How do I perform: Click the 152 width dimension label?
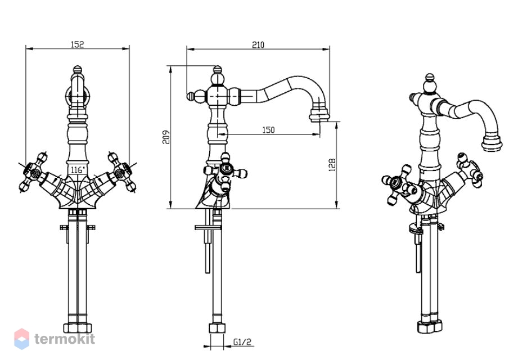(x=77, y=44)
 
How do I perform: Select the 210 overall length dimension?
(x=258, y=44)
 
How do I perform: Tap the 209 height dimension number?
(x=166, y=137)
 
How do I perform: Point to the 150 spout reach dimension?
(x=268, y=130)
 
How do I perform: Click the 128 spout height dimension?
(x=332, y=165)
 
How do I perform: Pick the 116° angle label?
(x=78, y=170)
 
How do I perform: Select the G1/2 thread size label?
(x=242, y=342)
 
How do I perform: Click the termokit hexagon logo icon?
(x=21, y=339)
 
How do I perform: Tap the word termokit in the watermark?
(x=65, y=339)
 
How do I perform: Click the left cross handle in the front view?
(x=33, y=172)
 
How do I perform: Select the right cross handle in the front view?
(x=121, y=172)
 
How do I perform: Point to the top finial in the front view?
(x=78, y=70)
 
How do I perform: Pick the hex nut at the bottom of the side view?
(x=217, y=329)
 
